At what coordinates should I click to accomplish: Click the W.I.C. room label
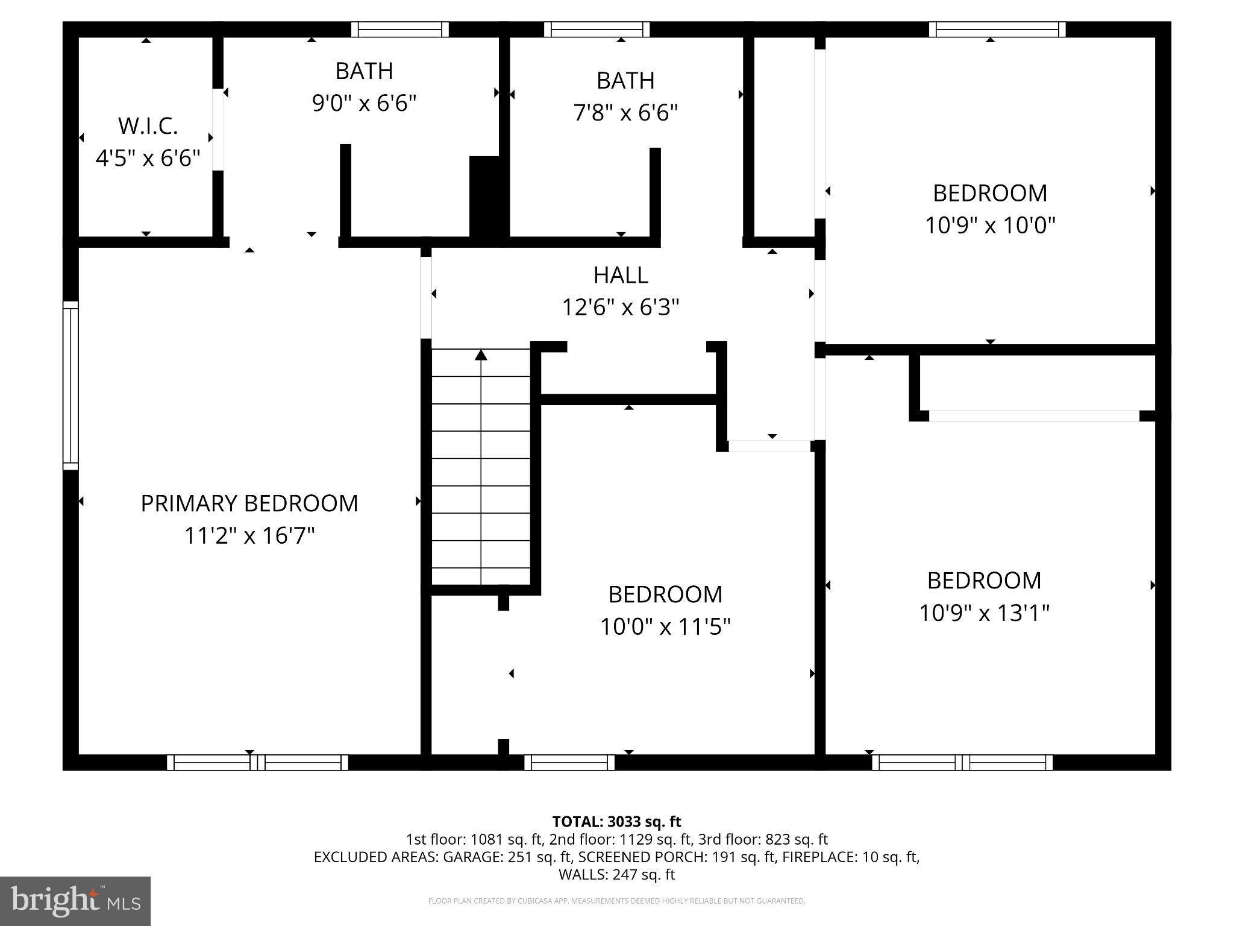[x=148, y=126]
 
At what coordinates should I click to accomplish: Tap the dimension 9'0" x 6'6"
[x=364, y=103]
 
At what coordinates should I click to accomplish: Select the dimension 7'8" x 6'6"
[x=625, y=113]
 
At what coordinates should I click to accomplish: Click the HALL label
[x=621, y=275]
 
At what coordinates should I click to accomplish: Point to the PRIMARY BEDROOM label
[x=249, y=503]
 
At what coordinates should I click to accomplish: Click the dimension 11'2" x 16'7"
[x=249, y=535]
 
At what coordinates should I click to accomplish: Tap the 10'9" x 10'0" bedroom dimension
[x=990, y=225]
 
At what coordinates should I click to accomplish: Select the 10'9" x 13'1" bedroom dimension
[x=984, y=613]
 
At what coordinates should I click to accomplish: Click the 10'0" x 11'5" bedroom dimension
[x=665, y=627]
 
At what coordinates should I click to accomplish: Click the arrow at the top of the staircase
[x=481, y=355]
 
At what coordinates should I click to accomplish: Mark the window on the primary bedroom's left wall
[x=70, y=385]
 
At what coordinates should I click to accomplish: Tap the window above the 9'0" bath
[x=400, y=30]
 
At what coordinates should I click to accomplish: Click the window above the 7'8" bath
[x=597, y=30]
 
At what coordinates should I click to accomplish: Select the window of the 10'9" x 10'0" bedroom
[x=997, y=30]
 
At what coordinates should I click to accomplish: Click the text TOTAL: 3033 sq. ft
[x=616, y=822]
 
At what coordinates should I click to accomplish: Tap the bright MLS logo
[x=75, y=901]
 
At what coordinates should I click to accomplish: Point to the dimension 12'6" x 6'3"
[x=621, y=307]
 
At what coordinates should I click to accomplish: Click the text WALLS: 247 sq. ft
[x=616, y=874]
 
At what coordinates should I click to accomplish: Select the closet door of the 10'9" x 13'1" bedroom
[x=1034, y=416]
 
